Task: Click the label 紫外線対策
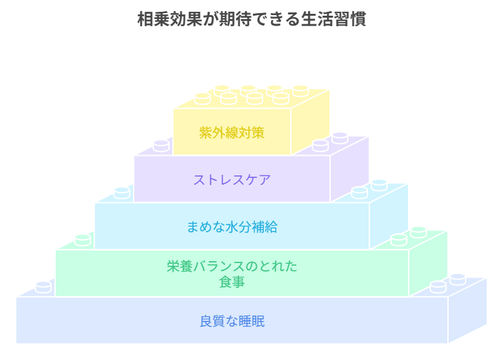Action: click(x=232, y=132)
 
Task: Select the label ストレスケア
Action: click(x=232, y=179)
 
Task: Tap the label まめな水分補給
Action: click(x=232, y=227)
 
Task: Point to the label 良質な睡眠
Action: click(x=232, y=321)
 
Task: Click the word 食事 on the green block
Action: click(x=232, y=282)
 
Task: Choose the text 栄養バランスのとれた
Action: click(x=232, y=266)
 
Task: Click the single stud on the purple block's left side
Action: click(x=161, y=145)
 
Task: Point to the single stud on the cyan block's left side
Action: click(x=122, y=192)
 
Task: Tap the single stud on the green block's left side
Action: click(x=83, y=239)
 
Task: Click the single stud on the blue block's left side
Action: click(x=43, y=286)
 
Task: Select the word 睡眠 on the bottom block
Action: click(x=251, y=321)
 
